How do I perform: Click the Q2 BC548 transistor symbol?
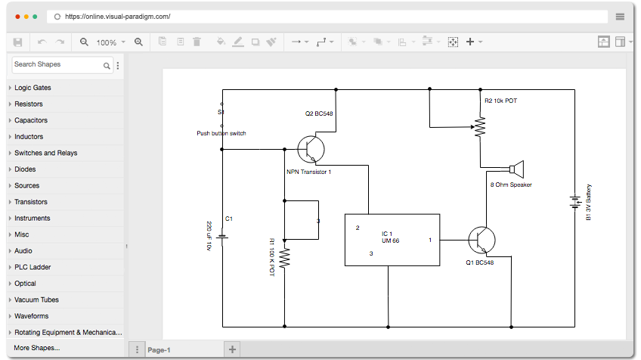click(311, 149)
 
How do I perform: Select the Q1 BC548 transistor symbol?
click(482, 241)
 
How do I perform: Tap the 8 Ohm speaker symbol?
click(517, 169)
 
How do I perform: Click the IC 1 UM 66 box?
click(392, 240)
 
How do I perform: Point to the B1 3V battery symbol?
click(575, 202)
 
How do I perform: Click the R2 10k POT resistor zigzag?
click(480, 126)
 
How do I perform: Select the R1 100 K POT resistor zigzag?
click(284, 258)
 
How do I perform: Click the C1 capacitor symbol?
click(222, 237)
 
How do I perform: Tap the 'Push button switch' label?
click(221, 133)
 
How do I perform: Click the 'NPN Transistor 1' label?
click(308, 172)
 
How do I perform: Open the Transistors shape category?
click(31, 202)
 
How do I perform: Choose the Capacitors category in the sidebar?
click(31, 120)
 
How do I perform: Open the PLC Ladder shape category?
click(33, 267)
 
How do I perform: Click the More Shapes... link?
click(37, 348)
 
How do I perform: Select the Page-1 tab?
click(159, 350)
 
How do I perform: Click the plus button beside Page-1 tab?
click(232, 349)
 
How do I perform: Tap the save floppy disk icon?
click(17, 42)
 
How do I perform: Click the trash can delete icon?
click(197, 42)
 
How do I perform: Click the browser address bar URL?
click(118, 17)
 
